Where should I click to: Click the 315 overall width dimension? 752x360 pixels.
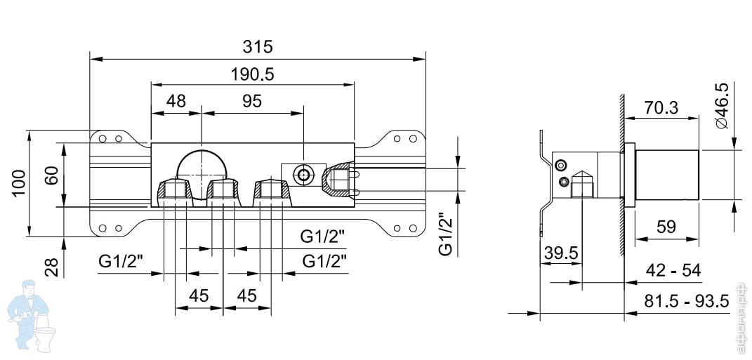tap(257, 48)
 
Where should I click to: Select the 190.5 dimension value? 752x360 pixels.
tap(252, 74)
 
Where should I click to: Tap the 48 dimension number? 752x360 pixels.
tap(176, 101)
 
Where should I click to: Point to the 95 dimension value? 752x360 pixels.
tap(251, 101)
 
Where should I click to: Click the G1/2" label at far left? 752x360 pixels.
tap(121, 262)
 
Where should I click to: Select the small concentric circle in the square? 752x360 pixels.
tap(304, 174)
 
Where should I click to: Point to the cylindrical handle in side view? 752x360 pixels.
tap(667, 175)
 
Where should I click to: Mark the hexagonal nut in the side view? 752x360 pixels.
tap(582, 187)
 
